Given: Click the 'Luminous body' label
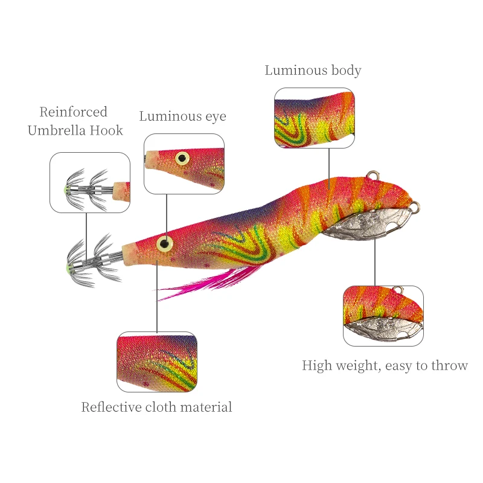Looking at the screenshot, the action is click(313, 71).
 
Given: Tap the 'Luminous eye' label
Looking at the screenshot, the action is click(182, 116).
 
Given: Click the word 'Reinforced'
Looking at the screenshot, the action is click(73, 112).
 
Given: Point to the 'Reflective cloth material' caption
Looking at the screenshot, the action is click(156, 408).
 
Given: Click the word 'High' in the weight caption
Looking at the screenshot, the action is click(315, 365).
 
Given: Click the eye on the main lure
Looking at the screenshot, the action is click(165, 244).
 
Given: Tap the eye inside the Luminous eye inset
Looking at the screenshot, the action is click(182, 158).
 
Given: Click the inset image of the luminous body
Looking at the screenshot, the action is click(314, 118).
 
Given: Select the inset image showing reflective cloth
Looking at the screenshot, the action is click(156, 361).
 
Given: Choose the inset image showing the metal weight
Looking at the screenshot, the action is click(383, 316).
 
